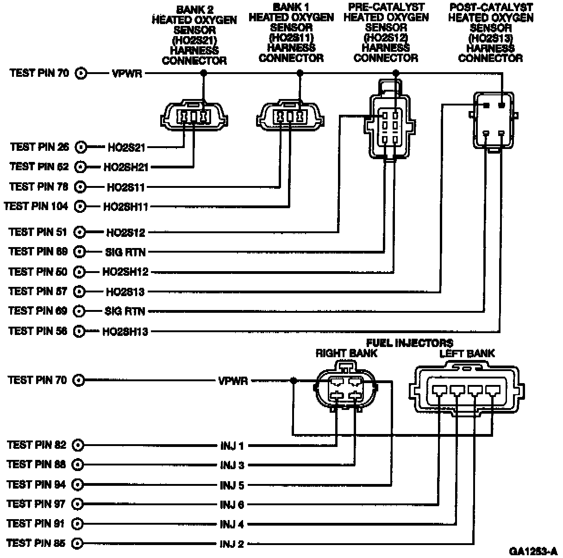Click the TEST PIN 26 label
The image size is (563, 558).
(x=39, y=147)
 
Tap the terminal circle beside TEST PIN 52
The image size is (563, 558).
(x=81, y=167)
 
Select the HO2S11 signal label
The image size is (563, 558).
(x=126, y=187)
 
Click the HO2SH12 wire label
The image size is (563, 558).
(x=125, y=272)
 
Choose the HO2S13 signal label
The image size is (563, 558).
(x=125, y=292)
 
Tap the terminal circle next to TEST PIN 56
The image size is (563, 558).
(x=80, y=331)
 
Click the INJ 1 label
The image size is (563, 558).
(x=232, y=446)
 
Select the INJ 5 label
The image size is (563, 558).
(x=232, y=485)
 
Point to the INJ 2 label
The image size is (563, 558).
(x=232, y=544)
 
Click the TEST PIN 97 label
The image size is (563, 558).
(x=37, y=503)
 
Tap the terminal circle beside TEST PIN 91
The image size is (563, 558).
(x=78, y=524)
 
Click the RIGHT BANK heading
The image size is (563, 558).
(x=346, y=353)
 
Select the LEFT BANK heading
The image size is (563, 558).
(x=467, y=353)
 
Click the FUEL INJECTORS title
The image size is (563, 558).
(x=409, y=343)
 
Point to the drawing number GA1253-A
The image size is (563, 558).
(x=533, y=551)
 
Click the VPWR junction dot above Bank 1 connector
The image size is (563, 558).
(x=300, y=73)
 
